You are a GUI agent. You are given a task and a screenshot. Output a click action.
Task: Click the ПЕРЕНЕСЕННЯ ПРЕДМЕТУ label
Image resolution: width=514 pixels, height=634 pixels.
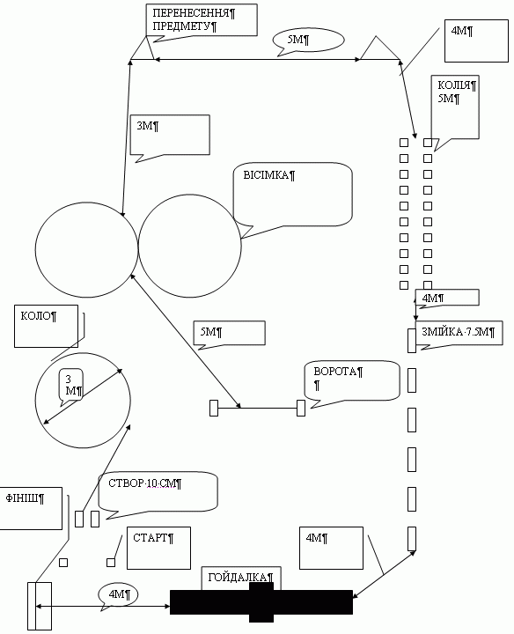coord(194,19)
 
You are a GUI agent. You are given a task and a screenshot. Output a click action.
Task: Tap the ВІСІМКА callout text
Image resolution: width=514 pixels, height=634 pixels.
coord(269,175)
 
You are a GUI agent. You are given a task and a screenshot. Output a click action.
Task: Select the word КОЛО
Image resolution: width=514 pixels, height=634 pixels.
coord(39,316)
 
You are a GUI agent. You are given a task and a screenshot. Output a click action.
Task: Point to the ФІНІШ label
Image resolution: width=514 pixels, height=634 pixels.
coord(25,498)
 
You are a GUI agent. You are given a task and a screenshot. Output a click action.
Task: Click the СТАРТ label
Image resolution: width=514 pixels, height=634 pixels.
coord(153,538)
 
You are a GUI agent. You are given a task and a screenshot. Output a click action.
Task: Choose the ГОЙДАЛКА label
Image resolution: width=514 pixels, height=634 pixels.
coord(241,578)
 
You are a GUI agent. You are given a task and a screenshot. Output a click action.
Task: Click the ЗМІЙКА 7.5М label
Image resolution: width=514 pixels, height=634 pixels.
coord(459,332)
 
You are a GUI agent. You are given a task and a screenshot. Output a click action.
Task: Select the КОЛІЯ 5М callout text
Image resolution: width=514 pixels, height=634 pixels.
coord(457,92)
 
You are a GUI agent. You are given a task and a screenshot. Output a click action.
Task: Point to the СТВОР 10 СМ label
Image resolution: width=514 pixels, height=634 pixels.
coord(144,483)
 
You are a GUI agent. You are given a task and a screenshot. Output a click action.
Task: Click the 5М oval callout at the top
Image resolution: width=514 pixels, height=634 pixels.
coord(308,41)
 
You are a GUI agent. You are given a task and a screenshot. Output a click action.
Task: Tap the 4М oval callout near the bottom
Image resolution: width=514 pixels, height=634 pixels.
coord(118,595)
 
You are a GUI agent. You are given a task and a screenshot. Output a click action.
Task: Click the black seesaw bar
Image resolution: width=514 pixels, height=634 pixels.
coord(261,602)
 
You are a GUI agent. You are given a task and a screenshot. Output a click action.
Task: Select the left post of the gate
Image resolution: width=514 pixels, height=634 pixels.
coord(214,408)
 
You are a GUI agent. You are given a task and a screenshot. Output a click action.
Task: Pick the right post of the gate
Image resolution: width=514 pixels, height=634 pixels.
coord(301,408)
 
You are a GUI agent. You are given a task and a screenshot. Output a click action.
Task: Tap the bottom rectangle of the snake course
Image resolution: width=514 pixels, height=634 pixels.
coord(412,539)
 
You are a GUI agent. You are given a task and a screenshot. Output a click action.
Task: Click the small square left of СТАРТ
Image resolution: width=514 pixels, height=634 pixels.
coord(111,563)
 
